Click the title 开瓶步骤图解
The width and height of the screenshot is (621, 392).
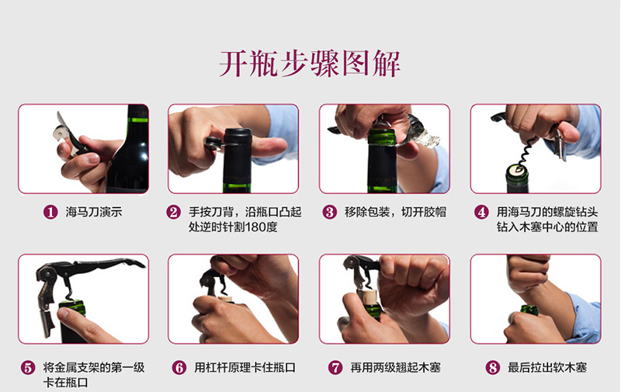[310, 64]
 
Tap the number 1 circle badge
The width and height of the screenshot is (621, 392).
[50, 212]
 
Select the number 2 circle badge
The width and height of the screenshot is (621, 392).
[173, 212]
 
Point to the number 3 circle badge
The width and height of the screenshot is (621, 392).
[329, 212]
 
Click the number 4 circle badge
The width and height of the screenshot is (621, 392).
[481, 212]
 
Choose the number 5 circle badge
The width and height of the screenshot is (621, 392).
[28, 368]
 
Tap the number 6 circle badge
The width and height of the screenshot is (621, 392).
[179, 368]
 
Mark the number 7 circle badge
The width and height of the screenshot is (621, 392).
[335, 368]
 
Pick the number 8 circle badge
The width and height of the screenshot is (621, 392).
[493, 368]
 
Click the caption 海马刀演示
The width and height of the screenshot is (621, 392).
[94, 212]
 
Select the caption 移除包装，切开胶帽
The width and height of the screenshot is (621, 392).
[396, 212]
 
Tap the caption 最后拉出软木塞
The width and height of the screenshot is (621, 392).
[547, 368]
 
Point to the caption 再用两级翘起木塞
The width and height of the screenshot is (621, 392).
[395, 368]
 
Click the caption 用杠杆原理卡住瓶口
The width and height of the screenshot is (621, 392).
[245, 368]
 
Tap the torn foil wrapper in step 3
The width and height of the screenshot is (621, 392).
[423, 137]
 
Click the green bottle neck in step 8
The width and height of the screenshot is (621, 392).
[529, 310]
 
